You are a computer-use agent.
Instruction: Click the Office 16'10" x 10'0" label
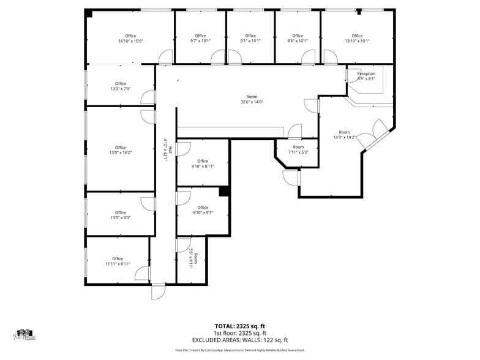[130, 39]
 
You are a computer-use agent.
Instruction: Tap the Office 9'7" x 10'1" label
[200, 39]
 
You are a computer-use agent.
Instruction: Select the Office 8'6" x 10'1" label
[298, 39]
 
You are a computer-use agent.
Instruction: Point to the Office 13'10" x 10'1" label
[357, 39]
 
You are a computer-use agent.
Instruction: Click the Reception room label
[366, 76]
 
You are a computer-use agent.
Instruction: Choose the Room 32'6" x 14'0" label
[252, 99]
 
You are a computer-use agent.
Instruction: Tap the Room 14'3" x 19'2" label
[344, 135]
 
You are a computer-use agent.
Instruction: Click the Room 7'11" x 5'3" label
[298, 149]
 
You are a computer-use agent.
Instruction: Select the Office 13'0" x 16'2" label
[120, 150]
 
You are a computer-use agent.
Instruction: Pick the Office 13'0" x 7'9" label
[120, 86]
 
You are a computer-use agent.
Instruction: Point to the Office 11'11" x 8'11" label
[118, 261]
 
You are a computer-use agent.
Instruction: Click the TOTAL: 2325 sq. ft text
[239, 326]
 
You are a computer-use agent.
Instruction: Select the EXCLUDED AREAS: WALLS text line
[239, 340]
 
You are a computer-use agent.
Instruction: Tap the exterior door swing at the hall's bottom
[159, 291]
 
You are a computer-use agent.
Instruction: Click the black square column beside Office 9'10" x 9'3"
[224, 192]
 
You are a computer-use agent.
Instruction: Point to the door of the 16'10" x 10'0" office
[165, 58]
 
